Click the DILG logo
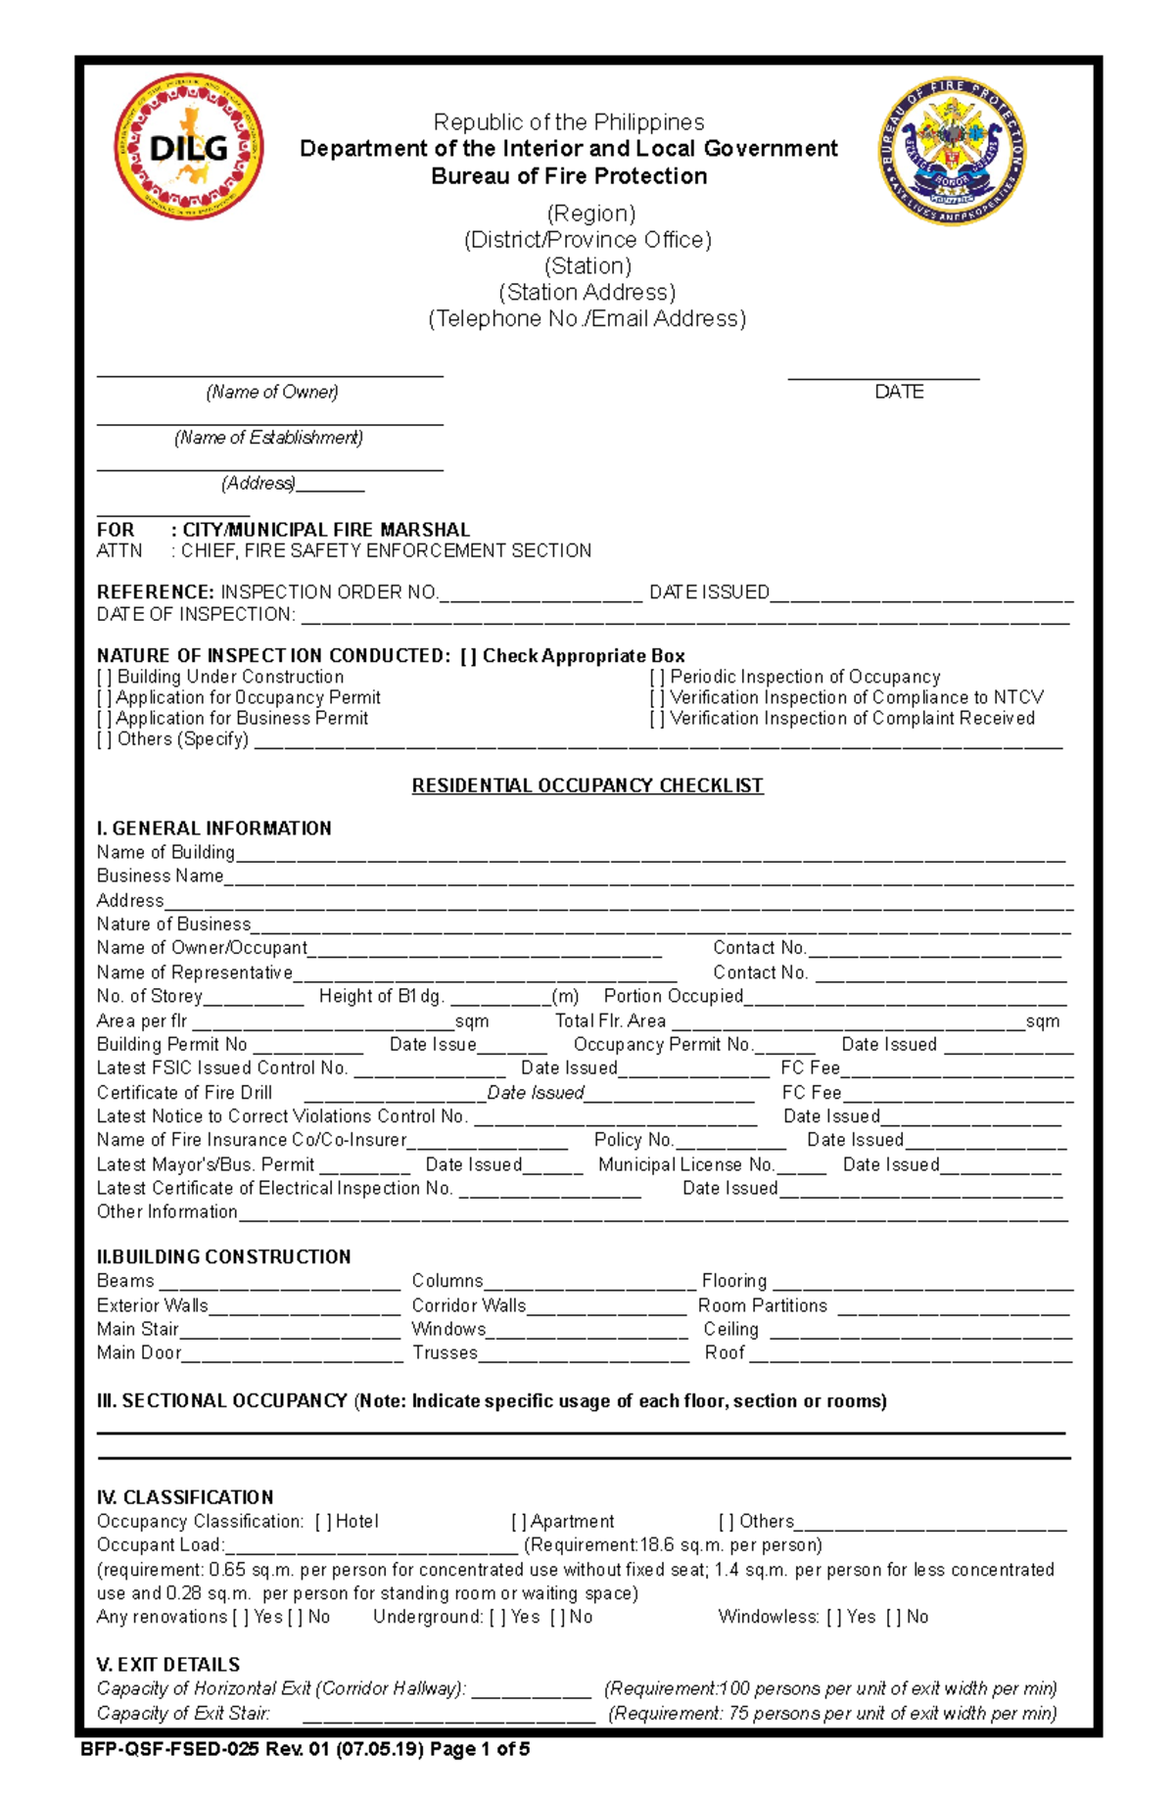coord(189,148)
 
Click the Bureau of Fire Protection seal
coord(952,151)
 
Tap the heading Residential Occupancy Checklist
coord(587,785)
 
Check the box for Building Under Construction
coord(104,677)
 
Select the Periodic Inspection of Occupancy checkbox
coord(657,677)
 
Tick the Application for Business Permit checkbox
coord(104,718)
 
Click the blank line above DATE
coord(883,376)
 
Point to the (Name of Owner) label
coord(271,392)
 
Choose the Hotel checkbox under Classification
coord(323,1522)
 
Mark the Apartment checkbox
coord(519,1522)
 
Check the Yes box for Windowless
coord(834,1617)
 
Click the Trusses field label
coord(445,1352)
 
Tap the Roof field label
coord(725,1352)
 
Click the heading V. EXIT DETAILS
coord(167,1664)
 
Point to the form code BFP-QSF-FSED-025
coord(170,1749)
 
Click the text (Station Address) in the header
coord(587,292)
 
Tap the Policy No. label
coord(634,1140)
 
